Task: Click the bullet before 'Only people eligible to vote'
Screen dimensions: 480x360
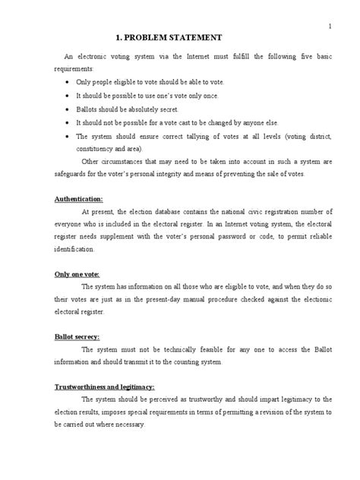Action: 69,81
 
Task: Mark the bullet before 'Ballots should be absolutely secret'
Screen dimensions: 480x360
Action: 69,108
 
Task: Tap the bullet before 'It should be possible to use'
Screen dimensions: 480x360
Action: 69,94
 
